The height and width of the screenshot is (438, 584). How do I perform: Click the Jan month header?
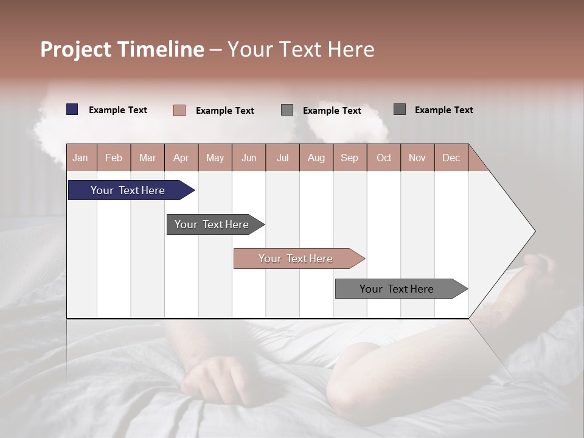tap(80, 158)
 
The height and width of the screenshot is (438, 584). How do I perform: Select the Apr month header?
tap(181, 158)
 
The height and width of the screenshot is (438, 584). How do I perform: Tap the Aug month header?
tap(316, 158)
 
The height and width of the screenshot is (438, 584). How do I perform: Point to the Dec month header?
tap(451, 158)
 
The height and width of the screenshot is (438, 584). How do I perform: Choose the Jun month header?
tap(249, 158)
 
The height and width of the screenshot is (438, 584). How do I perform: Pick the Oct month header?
tap(384, 158)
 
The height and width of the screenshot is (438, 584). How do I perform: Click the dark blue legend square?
tap(72, 109)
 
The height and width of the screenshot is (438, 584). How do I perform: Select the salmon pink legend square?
tap(179, 110)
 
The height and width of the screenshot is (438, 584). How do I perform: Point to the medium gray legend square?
tap(287, 110)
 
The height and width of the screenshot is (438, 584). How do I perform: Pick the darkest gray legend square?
tap(400, 109)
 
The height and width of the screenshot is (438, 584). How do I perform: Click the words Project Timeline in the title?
tap(122, 49)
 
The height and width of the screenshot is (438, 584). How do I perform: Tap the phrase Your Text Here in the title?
tap(301, 49)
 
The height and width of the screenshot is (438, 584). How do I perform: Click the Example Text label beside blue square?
tap(118, 110)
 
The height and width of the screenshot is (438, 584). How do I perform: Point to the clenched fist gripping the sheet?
tap(216, 380)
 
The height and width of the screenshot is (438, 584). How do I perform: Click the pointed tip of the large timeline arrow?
tap(534, 231)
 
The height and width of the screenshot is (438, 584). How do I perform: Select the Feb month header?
tap(114, 158)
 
